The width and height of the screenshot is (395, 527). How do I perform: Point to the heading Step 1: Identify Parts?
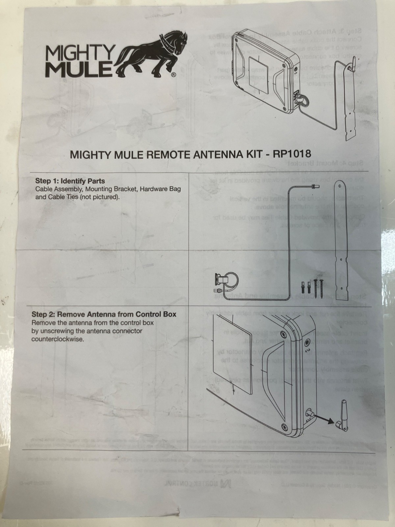(70, 181)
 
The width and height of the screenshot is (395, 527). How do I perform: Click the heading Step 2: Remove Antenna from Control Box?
(104, 314)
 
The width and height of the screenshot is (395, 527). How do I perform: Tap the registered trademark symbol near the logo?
(173, 75)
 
